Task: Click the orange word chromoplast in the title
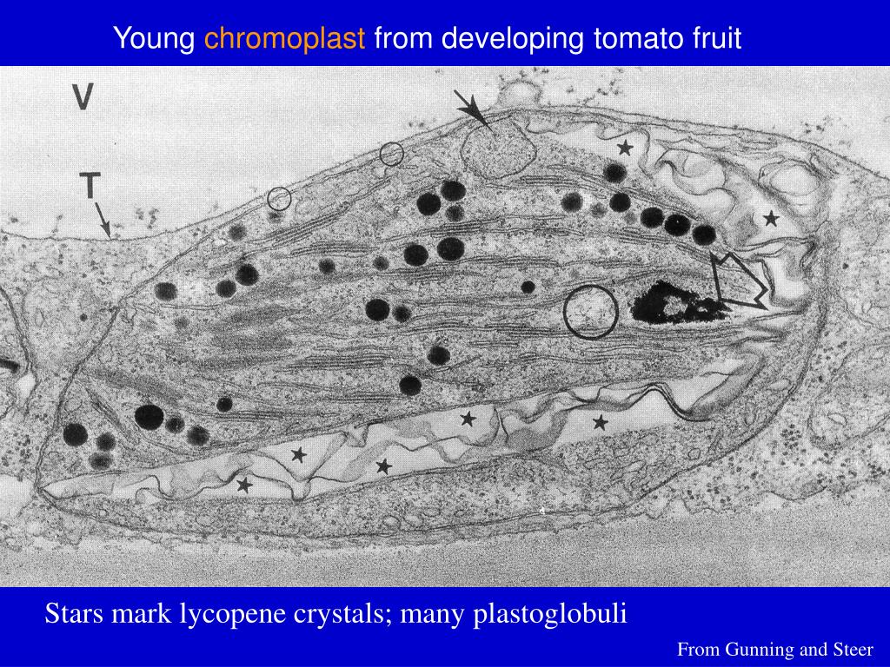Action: (x=284, y=38)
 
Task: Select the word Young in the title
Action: (x=156, y=38)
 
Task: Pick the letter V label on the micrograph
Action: (x=83, y=97)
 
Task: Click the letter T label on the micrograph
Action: (x=90, y=186)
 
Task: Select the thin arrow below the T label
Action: (x=102, y=219)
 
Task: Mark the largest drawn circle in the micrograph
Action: (x=590, y=311)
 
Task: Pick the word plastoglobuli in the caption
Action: (x=549, y=615)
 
